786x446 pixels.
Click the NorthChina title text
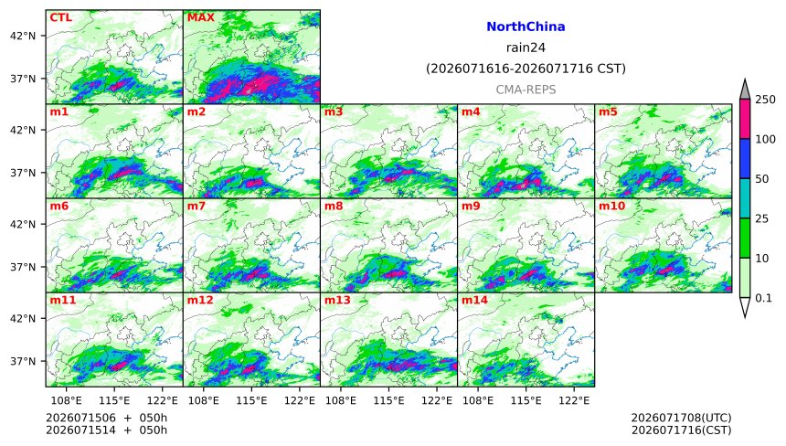(x=526, y=27)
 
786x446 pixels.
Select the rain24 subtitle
(x=526, y=48)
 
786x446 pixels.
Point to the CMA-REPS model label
(x=526, y=90)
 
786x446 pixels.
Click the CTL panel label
(x=60, y=17)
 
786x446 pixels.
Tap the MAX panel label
(x=200, y=17)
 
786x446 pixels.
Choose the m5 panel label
(x=608, y=111)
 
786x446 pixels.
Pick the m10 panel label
(x=611, y=206)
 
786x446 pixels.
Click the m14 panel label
(x=474, y=300)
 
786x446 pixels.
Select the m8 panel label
(x=334, y=206)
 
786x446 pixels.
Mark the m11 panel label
(x=63, y=300)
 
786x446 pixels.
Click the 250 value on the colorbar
(x=766, y=100)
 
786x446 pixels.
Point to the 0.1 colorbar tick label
(x=763, y=298)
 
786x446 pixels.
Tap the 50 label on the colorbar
(x=762, y=179)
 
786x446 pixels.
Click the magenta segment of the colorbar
(x=745, y=119)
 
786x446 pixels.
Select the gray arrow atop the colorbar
(x=745, y=90)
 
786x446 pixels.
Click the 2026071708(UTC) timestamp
(x=681, y=418)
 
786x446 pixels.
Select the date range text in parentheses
(x=526, y=69)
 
